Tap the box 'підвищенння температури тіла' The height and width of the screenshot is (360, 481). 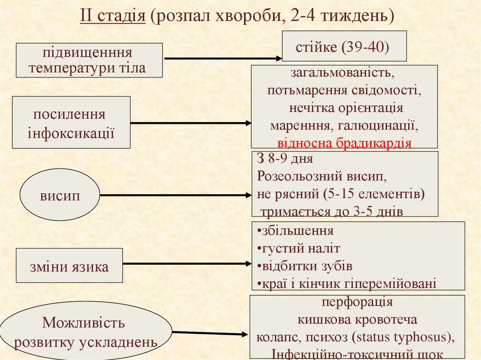pos(90,60)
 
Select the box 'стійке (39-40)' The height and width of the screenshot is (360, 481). pos(344,46)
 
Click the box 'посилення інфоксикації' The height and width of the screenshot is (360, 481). pos(71,123)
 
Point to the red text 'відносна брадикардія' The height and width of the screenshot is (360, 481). pos(344,143)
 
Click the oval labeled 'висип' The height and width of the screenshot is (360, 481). pos(60,195)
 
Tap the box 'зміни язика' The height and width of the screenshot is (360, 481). pos(69,267)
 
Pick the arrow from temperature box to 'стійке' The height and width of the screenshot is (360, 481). pos(221,59)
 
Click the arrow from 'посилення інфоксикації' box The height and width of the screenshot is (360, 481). pos(190,123)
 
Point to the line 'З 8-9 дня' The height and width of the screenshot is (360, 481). pos(285,159)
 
